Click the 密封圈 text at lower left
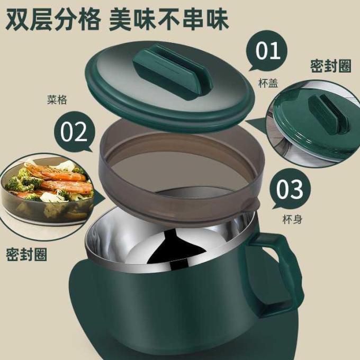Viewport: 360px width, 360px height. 26,254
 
